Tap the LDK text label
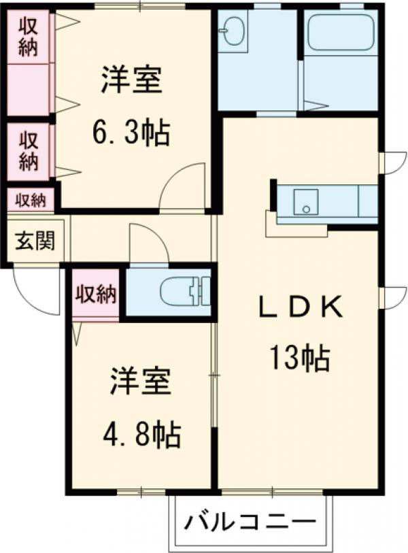coord(300,307)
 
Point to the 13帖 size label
coord(300,358)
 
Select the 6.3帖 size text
coord(131,133)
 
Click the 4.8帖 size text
coord(141,434)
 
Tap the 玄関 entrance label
coord(35,241)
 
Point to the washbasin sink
coord(232,31)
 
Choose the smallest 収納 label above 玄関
coord(31,201)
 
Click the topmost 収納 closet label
coord(28,37)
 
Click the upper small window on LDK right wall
coord(394,163)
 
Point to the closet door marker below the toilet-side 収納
coord(78,333)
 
